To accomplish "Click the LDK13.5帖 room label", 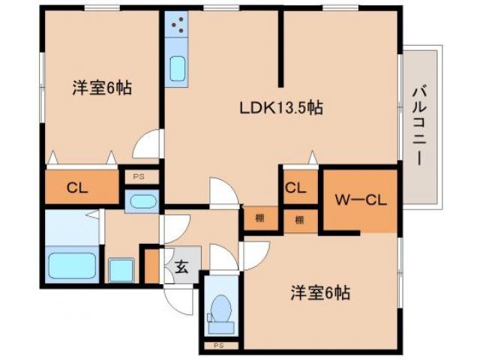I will pyautogui.click(x=280, y=109).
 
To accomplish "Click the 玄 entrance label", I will pyautogui.click(x=182, y=265).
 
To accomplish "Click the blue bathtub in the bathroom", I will pyautogui.click(x=72, y=267).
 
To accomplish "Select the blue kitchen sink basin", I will pyautogui.click(x=178, y=69).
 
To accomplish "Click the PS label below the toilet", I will pyautogui.click(x=218, y=346).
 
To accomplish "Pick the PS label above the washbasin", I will pyautogui.click(x=139, y=178).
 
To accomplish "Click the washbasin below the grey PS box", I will pyautogui.click(x=140, y=201).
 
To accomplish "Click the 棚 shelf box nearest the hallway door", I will pyautogui.click(x=258, y=219).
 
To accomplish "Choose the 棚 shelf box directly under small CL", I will pyautogui.click(x=299, y=220).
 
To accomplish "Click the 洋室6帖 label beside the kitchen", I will pyautogui.click(x=103, y=88).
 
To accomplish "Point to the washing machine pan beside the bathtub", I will pyautogui.click(x=121, y=269).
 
